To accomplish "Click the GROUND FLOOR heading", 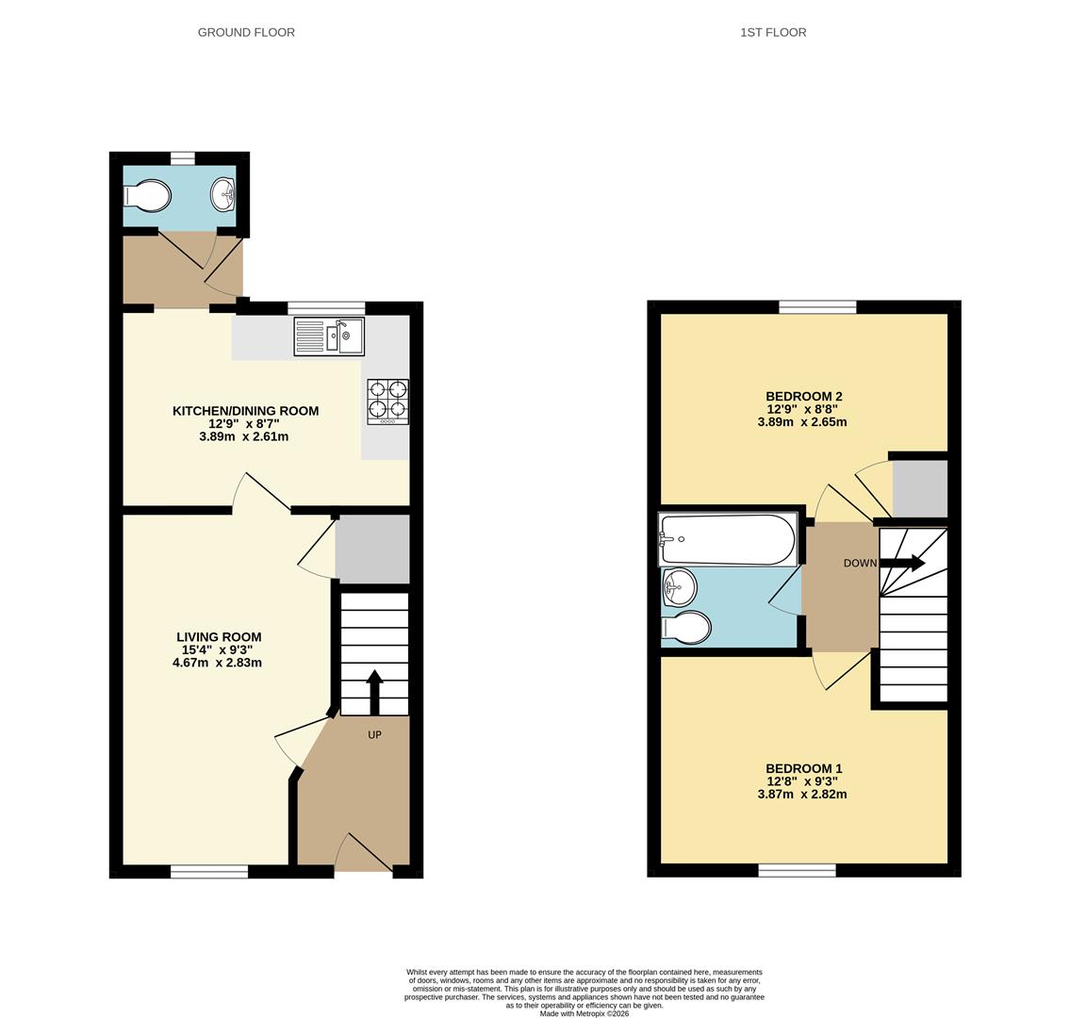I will coord(246,32).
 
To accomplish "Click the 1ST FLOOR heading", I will coord(773,32).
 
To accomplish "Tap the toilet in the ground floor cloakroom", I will coord(148,196).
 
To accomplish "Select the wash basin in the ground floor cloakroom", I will coord(222,195).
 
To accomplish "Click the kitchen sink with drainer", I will coord(329,337).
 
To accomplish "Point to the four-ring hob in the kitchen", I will coord(387,401).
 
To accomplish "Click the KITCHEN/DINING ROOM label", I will coord(245,411).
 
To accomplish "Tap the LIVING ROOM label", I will coord(219,637).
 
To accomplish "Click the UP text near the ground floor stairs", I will coord(374,734).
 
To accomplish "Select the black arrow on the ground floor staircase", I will coord(374,691).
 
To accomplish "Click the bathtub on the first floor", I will coord(727,539).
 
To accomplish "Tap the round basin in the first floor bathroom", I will coord(679,589).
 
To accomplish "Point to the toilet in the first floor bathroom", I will coord(685,627).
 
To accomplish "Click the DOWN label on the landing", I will coord(860,564).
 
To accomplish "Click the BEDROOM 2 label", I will coord(803,397).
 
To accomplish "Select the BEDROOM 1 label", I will coord(803,769).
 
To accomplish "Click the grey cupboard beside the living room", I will coord(372,549).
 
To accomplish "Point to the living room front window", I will coord(209,872).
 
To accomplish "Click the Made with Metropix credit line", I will coord(584,1013).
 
